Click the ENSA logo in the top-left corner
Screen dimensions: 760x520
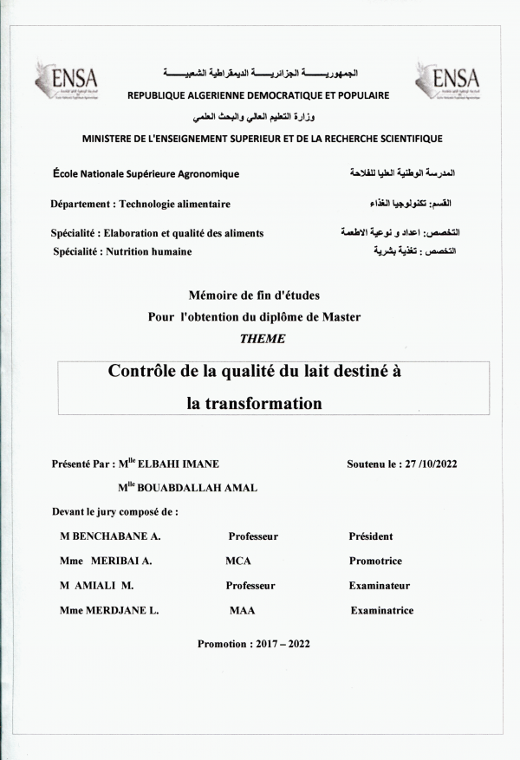pyautogui.click(x=66, y=80)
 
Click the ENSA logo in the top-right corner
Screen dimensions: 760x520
pyautogui.click(x=446, y=80)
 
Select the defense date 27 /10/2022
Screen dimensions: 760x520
pyautogui.click(x=427, y=464)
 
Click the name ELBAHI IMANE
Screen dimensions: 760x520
pyautogui.click(x=180, y=464)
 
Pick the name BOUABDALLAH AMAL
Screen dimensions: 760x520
pyautogui.click(x=197, y=488)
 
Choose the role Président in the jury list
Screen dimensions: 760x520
pyautogui.click(x=371, y=536)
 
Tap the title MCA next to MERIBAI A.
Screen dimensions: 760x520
pyautogui.click(x=237, y=561)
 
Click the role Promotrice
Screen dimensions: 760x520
pyautogui.click(x=375, y=561)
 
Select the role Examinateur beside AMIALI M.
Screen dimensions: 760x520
pyautogui.click(x=380, y=586)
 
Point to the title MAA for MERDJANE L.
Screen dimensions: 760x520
pyautogui.click(x=242, y=610)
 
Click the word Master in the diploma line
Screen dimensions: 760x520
pyautogui.click(x=341, y=316)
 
